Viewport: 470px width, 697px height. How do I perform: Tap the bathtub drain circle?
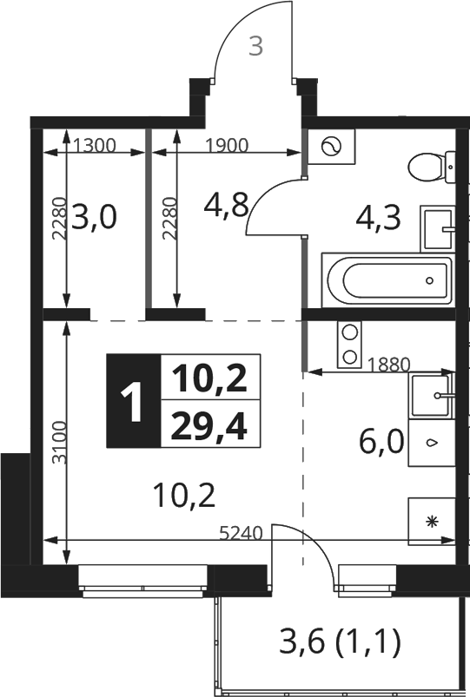click(429, 280)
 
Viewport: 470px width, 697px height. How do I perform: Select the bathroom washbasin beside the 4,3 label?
click(438, 229)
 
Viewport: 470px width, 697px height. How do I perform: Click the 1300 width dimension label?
click(95, 145)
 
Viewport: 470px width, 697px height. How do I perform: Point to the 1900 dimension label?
click(227, 145)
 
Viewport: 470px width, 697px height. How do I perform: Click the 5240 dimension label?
click(242, 533)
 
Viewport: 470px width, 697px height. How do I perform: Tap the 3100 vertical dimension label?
click(59, 443)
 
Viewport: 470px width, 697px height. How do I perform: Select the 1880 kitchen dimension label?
click(388, 365)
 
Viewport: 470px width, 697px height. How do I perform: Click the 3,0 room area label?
click(94, 217)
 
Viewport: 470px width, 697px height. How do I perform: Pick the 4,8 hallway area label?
click(226, 204)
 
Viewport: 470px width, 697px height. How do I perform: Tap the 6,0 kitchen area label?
click(381, 442)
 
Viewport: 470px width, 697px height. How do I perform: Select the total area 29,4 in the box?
click(209, 425)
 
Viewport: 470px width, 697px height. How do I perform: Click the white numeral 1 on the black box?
click(132, 401)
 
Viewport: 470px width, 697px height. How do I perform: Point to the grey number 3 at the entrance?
click(255, 46)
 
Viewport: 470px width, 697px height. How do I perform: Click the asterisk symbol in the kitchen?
click(431, 522)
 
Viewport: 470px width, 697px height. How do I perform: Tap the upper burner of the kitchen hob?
click(349, 332)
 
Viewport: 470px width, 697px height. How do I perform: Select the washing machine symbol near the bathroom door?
click(332, 146)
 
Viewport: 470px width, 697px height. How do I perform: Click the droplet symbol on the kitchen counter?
click(431, 443)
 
